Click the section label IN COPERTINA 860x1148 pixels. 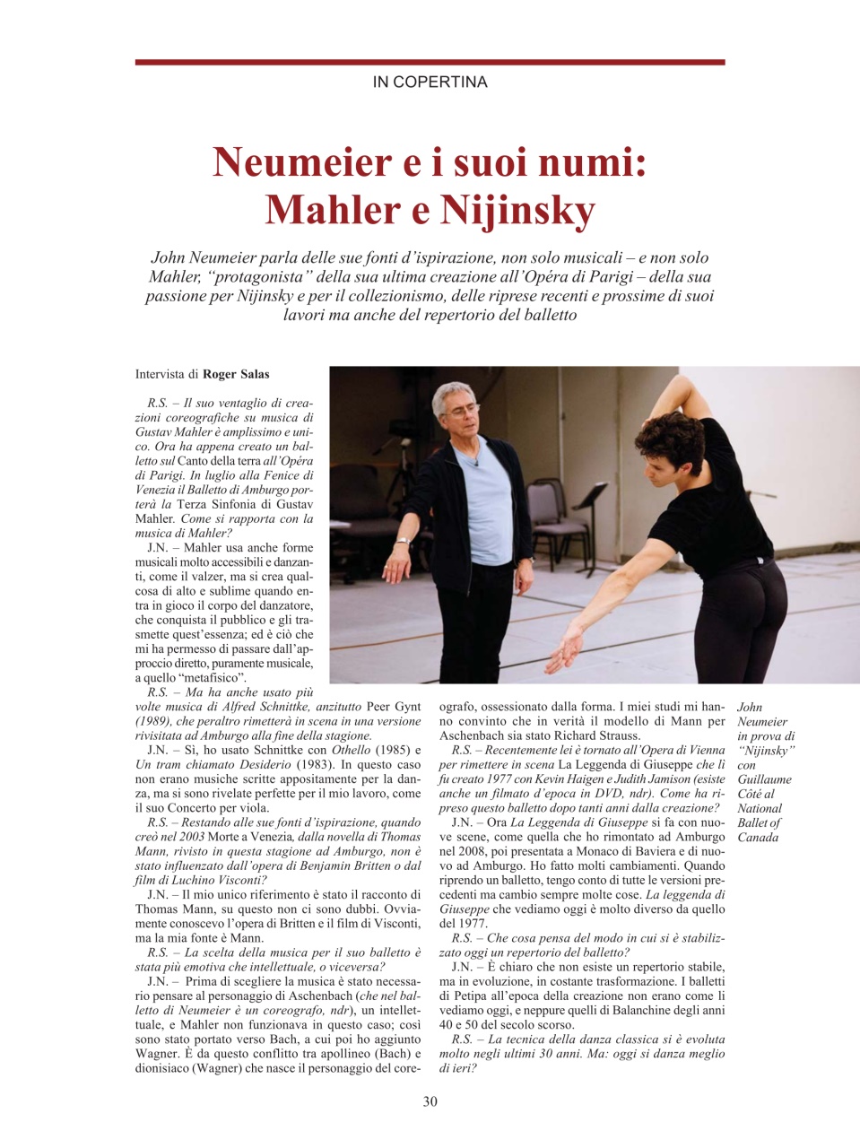pyautogui.click(x=430, y=83)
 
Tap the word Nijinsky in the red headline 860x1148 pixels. pyautogui.click(x=517, y=211)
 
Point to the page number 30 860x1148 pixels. pyautogui.click(x=430, y=1101)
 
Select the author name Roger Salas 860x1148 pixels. pyautogui.click(x=236, y=374)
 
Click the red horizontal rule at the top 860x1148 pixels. pyautogui.click(x=430, y=63)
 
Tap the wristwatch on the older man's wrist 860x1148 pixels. pyautogui.click(x=404, y=542)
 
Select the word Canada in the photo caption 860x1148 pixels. pyautogui.click(x=758, y=838)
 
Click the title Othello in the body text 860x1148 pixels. pyautogui.click(x=352, y=750)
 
